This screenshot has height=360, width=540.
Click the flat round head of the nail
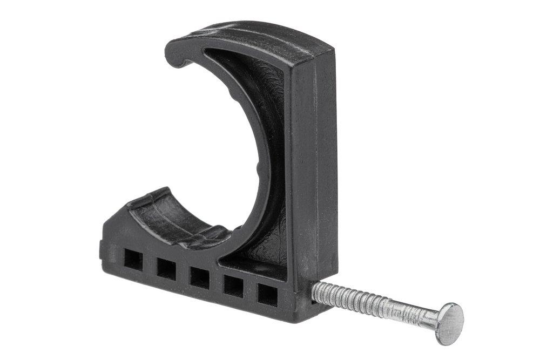449,323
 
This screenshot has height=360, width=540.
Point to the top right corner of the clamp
330,50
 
